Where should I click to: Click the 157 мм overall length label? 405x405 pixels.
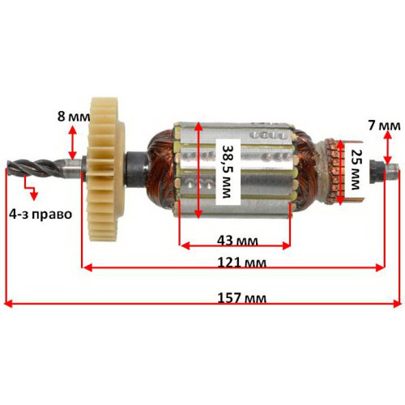tap(241, 298)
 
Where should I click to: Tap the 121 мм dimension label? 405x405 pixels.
tap(241, 262)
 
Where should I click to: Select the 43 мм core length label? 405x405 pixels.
tap(237, 241)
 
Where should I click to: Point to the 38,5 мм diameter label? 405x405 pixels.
tap(228, 172)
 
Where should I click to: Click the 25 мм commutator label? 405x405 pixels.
tap(355, 169)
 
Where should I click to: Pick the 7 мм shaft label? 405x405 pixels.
tap(384, 126)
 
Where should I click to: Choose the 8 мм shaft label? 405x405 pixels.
tap(74, 117)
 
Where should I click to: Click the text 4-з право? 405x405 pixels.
tap(40, 215)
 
